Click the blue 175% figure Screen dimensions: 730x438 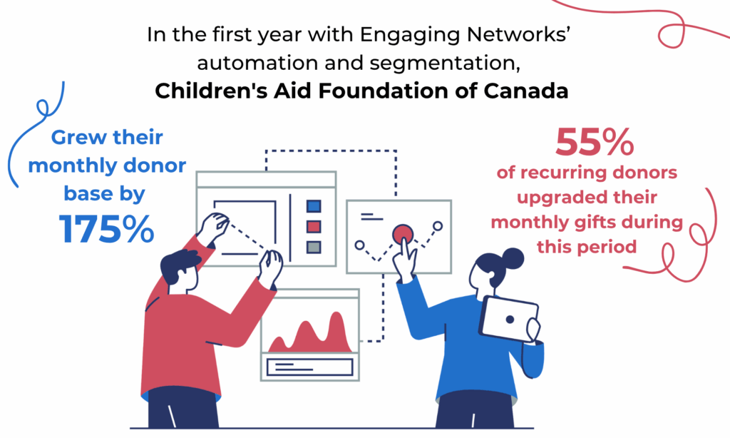tap(106, 229)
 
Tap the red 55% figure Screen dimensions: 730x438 tap(595, 142)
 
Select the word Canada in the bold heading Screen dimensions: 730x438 tap(526, 91)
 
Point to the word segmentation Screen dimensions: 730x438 tap(445, 63)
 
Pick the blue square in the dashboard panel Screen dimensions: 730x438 tap(314, 206)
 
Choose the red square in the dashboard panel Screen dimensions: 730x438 tap(314, 227)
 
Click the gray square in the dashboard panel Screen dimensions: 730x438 tap(314, 247)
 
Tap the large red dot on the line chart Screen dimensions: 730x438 tap(403, 235)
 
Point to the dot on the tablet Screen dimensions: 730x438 tap(510, 320)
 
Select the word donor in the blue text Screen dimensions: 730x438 tap(155, 165)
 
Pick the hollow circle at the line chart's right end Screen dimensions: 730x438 tap(438, 226)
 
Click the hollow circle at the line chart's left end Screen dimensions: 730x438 tap(359, 245)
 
